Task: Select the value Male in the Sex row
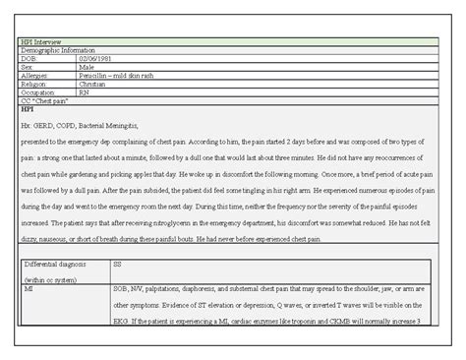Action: click(87, 68)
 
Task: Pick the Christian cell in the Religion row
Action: click(92, 84)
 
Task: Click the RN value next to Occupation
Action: click(84, 91)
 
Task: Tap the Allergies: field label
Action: click(34, 76)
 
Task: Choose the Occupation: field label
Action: click(37, 91)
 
